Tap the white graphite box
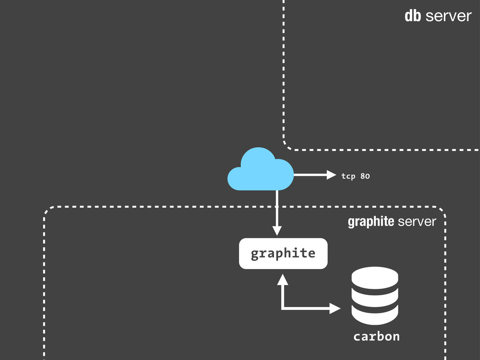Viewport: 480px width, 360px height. [283, 254]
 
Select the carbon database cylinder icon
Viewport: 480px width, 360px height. [375, 295]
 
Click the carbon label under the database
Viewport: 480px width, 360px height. [376, 337]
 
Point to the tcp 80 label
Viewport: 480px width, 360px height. [355, 176]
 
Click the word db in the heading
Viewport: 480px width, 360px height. [413, 16]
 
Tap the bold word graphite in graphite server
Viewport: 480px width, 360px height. [371, 222]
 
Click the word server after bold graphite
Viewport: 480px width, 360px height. [417, 222]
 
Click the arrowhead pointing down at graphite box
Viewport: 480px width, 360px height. [277, 231]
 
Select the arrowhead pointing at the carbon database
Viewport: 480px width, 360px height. [335, 308]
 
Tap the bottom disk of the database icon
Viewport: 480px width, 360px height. [375, 315]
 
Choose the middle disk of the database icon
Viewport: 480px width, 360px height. [375, 296]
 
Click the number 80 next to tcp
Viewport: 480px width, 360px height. [365, 176]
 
